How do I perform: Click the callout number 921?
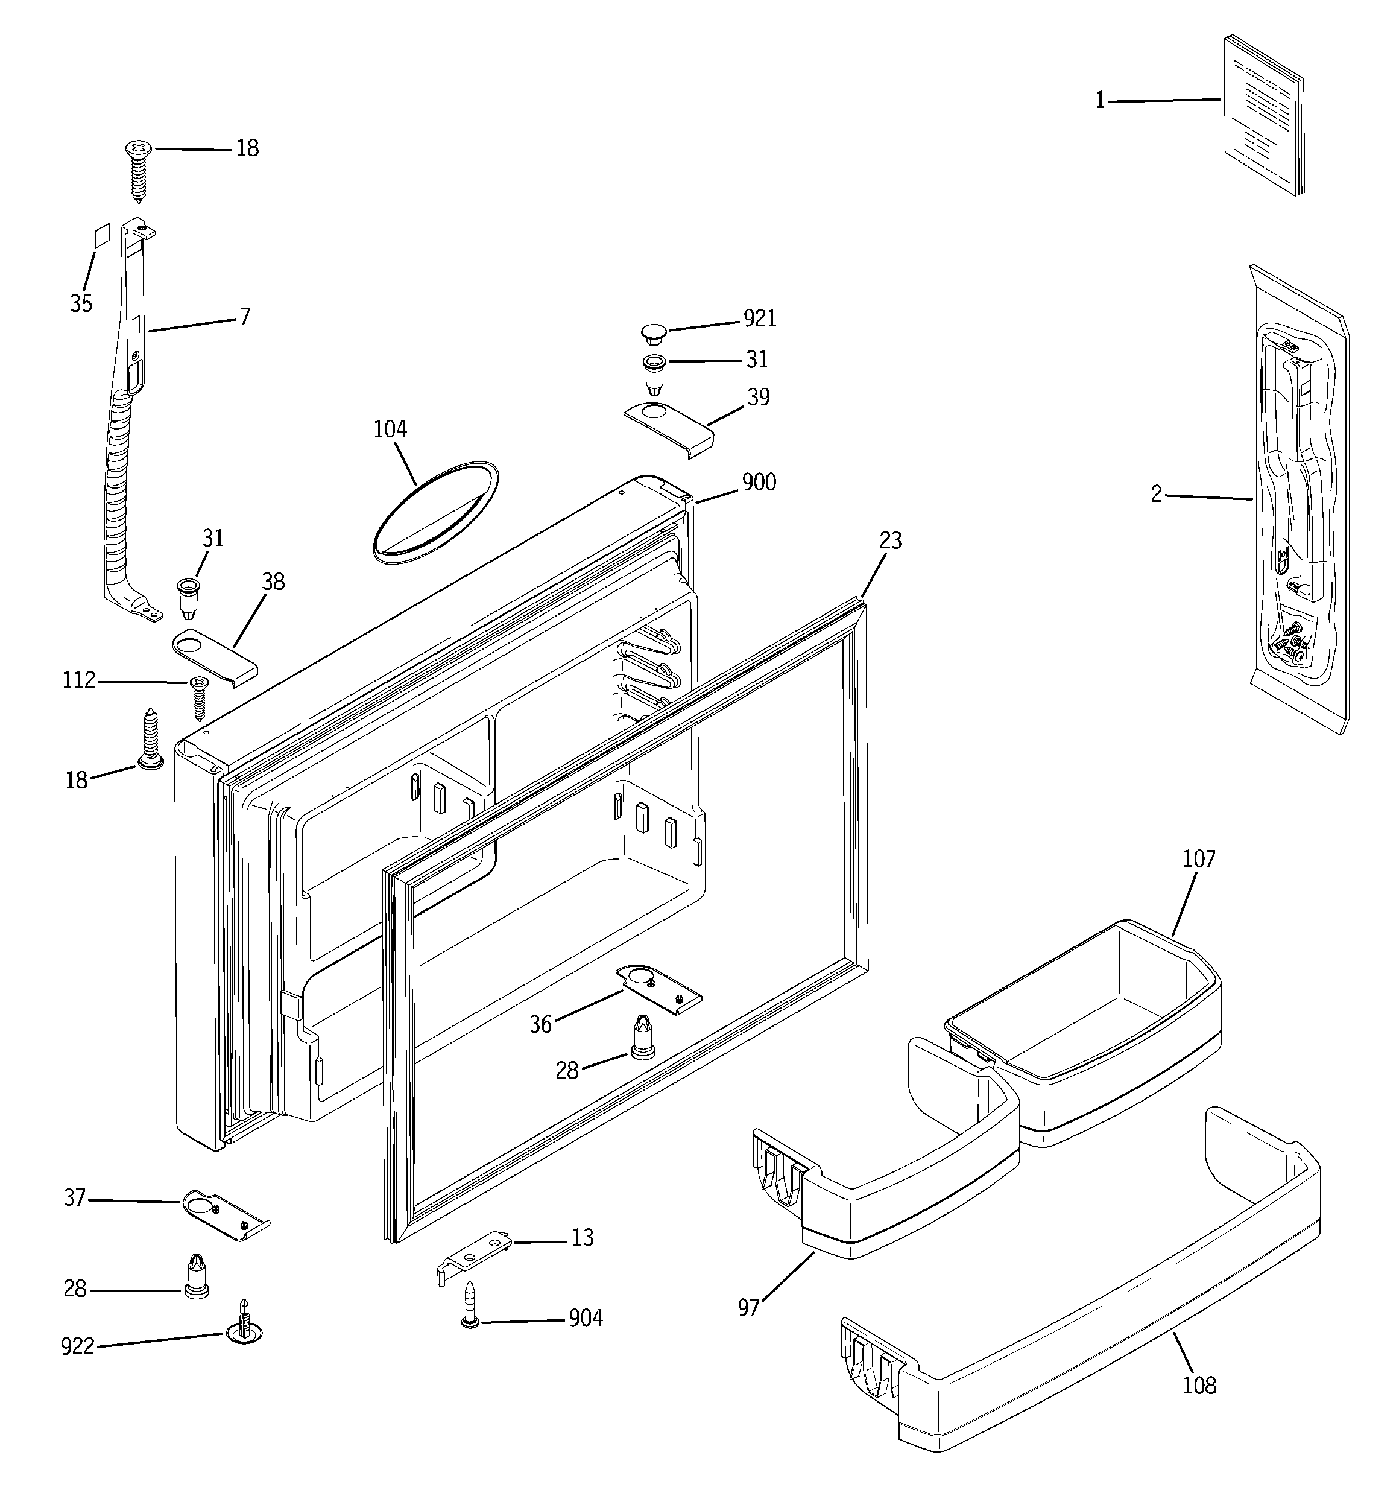[759, 319]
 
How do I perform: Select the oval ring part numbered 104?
[435, 511]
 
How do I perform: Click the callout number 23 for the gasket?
[890, 540]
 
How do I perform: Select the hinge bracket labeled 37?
[226, 1214]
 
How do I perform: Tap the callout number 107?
[1199, 859]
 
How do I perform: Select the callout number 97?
[748, 1307]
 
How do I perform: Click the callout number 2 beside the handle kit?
[1157, 493]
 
